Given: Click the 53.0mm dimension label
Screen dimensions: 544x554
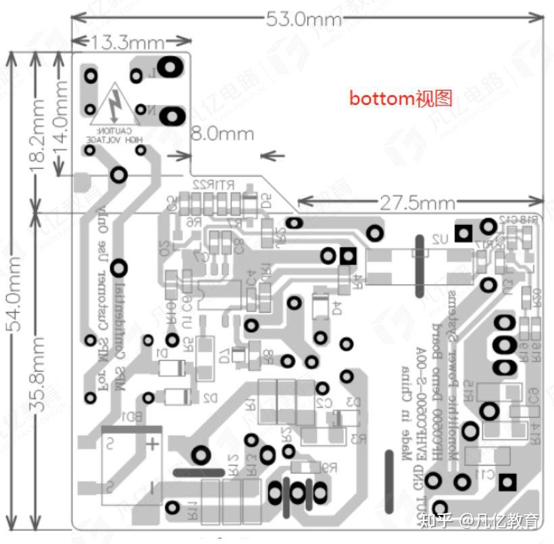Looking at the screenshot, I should pos(304,19).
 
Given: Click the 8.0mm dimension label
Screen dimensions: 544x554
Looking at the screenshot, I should pos(222,133).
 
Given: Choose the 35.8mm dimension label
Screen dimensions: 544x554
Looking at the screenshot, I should pos(39,369).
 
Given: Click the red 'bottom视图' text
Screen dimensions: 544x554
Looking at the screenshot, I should pos(400,99).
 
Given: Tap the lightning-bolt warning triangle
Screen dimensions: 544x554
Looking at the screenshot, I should pos(115,105).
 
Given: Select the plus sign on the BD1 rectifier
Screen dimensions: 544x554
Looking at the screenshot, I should pos(153,443).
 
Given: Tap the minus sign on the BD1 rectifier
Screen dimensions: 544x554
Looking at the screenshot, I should pos(153,486).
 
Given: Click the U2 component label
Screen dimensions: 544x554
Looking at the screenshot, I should pos(440,238).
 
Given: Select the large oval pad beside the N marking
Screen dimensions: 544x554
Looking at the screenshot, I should pos(174,116).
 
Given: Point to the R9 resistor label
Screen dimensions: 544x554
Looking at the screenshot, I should pos(329,466).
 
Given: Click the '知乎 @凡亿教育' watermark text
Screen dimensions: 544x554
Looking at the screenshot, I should pos(480,520).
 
